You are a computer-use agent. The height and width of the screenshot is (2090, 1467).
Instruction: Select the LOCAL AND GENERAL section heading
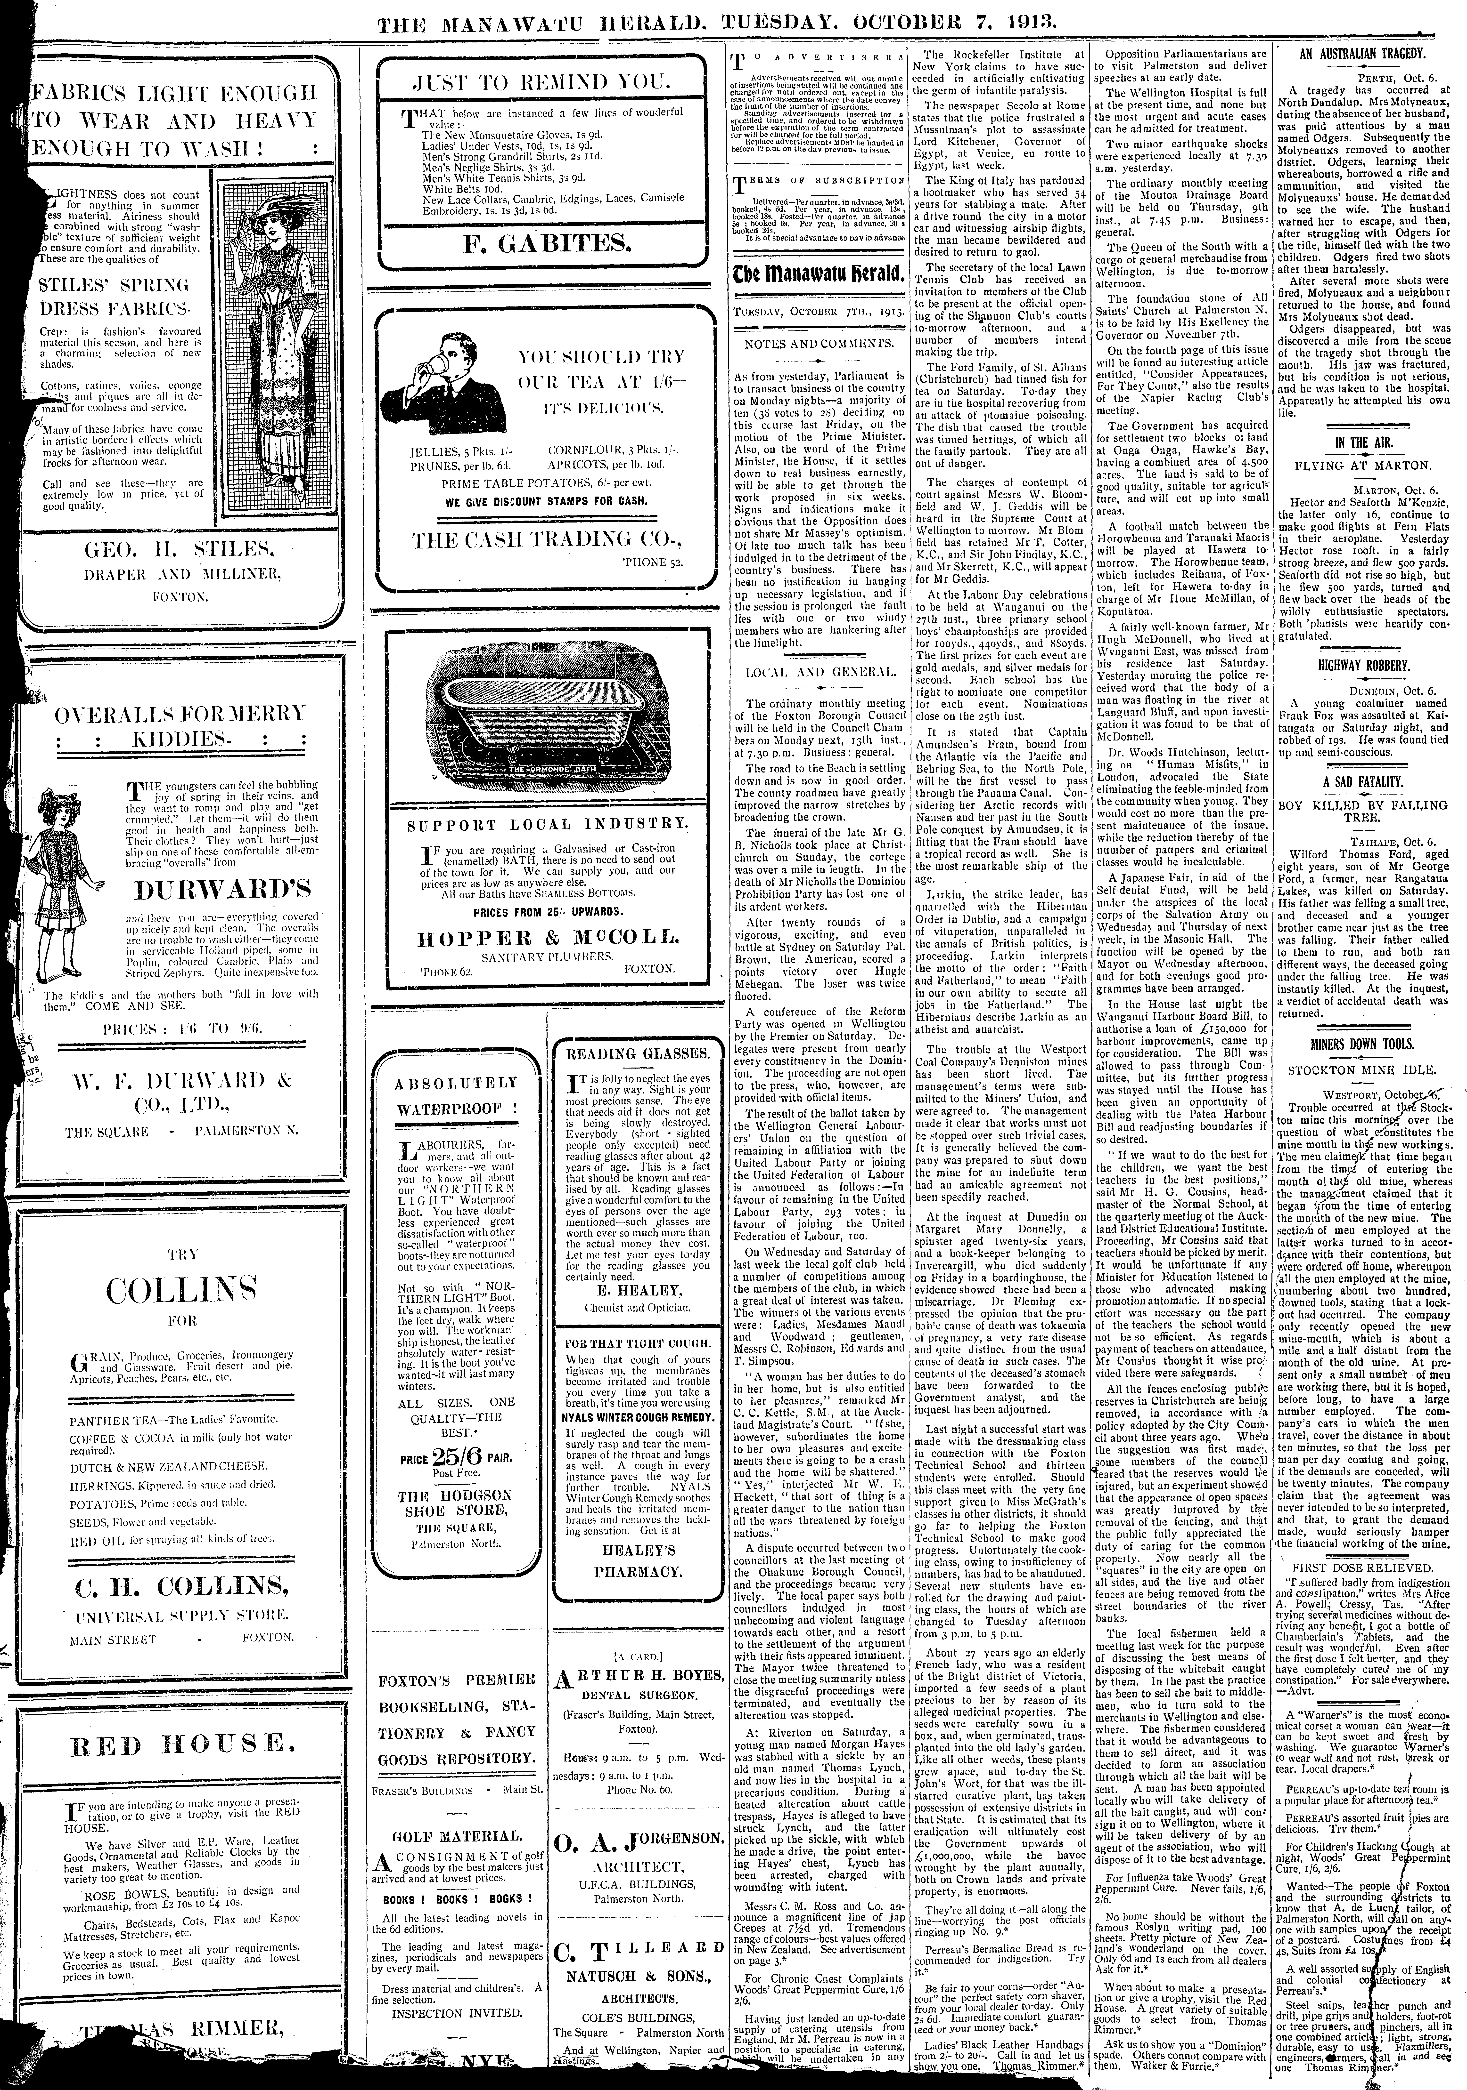(x=818, y=671)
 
